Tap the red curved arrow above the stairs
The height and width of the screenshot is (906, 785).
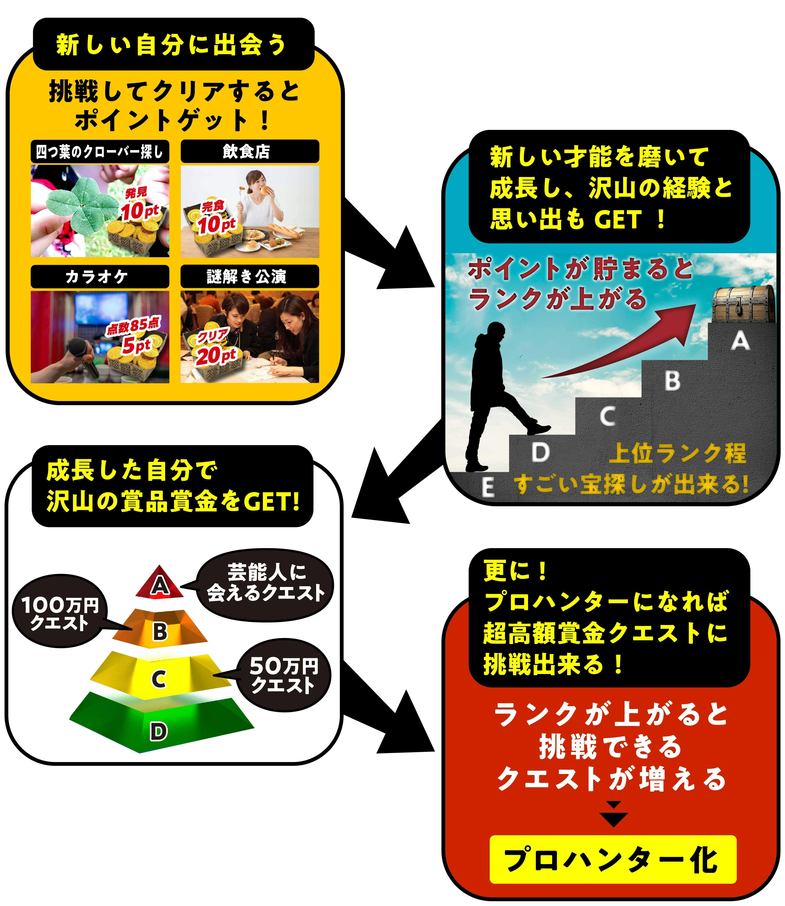(x=622, y=346)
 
